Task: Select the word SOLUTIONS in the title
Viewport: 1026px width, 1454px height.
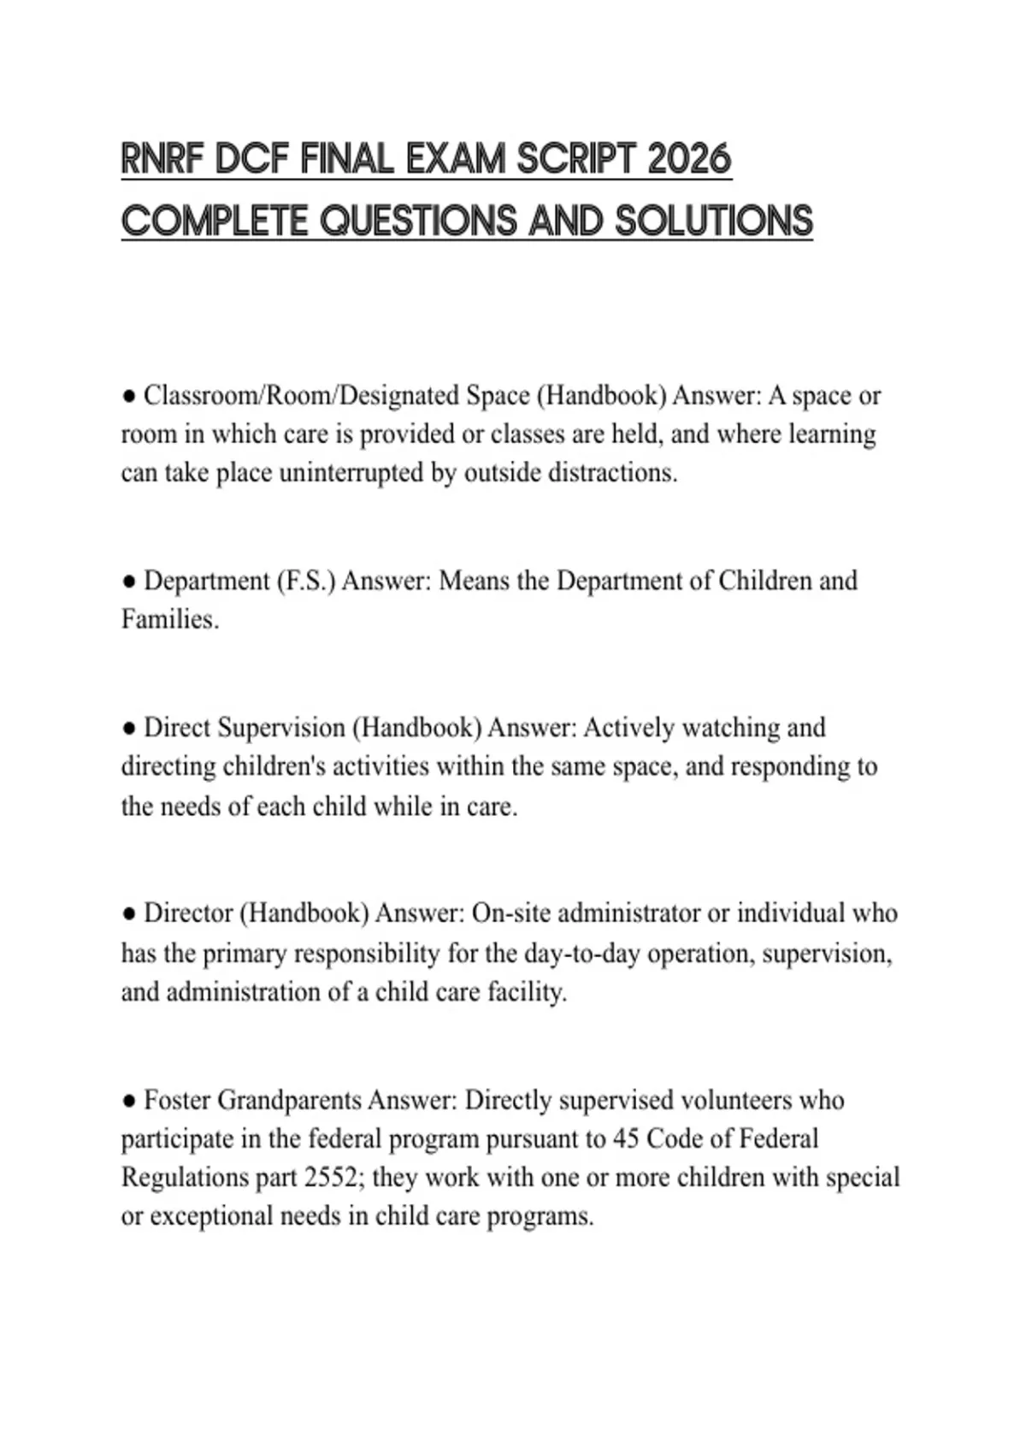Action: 714,221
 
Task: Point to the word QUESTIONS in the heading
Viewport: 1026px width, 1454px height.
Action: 419,221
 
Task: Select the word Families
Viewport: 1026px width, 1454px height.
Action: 169,619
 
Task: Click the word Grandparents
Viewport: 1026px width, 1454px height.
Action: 290,1100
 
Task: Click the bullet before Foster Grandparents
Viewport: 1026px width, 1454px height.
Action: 129,1101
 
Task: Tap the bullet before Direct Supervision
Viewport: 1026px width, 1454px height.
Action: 129,729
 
